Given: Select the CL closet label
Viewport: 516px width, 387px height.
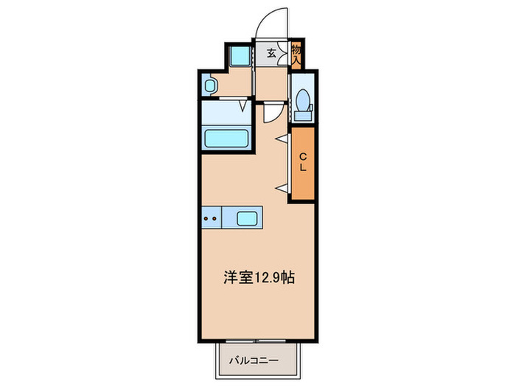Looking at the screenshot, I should (x=302, y=163).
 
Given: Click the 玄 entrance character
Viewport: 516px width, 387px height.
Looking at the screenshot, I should (x=271, y=54).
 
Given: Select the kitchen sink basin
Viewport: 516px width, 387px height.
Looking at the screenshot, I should (x=247, y=217).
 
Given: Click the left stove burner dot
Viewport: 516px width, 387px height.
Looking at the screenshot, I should (x=206, y=217).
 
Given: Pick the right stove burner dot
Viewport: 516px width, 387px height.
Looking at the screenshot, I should (x=215, y=217).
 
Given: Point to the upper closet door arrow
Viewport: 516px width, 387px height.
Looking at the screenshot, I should (x=281, y=139).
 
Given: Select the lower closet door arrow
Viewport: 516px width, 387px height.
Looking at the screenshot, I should (x=281, y=189).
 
